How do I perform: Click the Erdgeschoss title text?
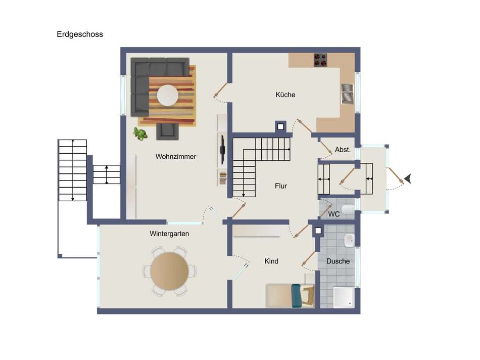click(80, 34)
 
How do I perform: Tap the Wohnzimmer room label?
click(176, 157)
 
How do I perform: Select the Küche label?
click(285, 95)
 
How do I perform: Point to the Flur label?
click(281, 186)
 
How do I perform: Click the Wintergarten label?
click(169, 234)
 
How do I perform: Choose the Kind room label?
click(271, 261)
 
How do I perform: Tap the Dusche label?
click(338, 261)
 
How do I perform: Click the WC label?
click(333, 214)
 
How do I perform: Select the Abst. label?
click(343, 150)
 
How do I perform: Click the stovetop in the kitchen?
click(320, 60)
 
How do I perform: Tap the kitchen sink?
click(348, 94)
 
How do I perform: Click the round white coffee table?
click(167, 95)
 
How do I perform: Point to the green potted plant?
click(140, 134)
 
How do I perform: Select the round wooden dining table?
click(169, 271)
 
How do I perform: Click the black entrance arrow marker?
click(407, 178)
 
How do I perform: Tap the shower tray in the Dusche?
click(344, 297)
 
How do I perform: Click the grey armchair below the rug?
click(167, 131)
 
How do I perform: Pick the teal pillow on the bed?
click(296, 296)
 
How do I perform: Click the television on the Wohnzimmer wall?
click(222, 149)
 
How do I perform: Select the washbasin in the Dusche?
click(349, 241)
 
